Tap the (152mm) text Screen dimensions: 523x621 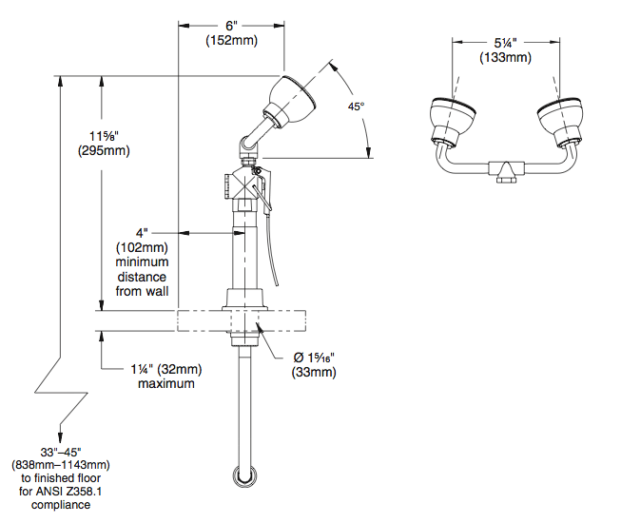click(x=231, y=41)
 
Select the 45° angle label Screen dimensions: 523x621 click(x=356, y=107)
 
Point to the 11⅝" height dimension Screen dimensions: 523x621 click(x=106, y=136)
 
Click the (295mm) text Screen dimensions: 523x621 click(x=105, y=150)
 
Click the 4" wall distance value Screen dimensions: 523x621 click(x=141, y=231)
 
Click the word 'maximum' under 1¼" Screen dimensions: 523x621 click(x=165, y=383)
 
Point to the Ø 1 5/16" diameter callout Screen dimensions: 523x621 click(x=314, y=357)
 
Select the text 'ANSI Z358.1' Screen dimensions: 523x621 click(x=90, y=492)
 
